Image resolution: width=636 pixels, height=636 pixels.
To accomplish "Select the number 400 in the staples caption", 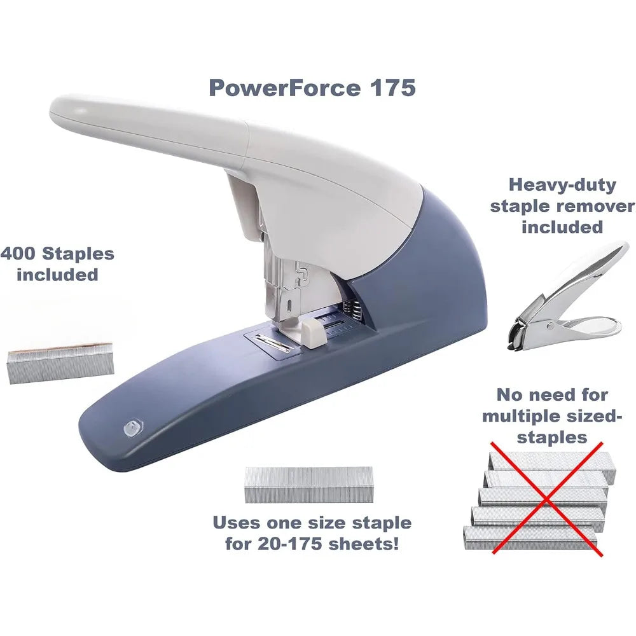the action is pos(18,254).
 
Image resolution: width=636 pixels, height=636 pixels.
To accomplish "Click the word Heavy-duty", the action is pos(562,186).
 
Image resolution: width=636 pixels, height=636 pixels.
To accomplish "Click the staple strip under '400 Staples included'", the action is pos(61,363).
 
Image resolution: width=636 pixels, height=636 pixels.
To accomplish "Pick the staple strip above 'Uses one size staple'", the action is pos(308,485).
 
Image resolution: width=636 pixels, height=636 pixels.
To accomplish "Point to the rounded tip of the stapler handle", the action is pos(65,109).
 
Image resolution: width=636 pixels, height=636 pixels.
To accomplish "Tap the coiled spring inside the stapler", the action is pos(353,312).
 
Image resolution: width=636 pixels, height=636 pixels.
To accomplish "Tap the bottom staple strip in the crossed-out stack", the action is pos(530,537).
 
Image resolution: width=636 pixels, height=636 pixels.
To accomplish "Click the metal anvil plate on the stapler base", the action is pos(273,343).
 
